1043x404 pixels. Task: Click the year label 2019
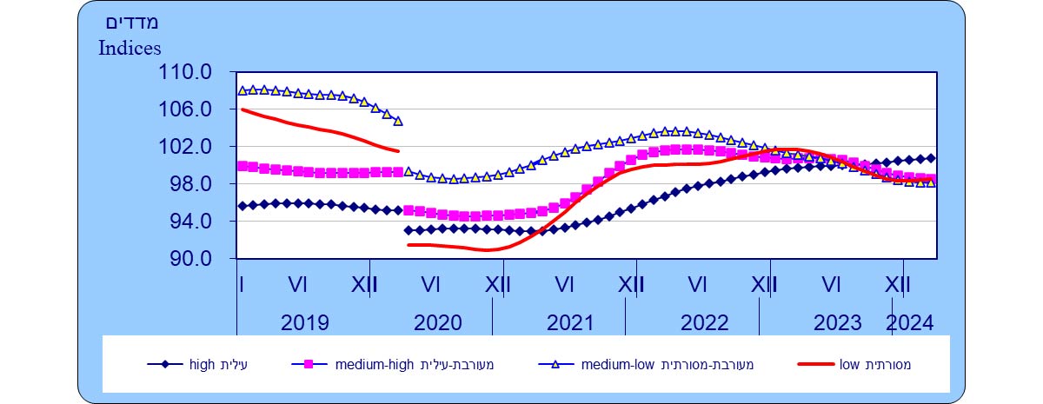tap(305, 323)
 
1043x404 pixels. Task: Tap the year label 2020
tap(438, 323)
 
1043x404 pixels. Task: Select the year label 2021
tap(571, 323)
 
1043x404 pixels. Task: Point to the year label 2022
tap(704, 323)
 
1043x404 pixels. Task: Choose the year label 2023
tap(837, 323)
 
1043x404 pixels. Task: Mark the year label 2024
tap(909, 323)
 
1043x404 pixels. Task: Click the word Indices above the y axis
tap(130, 48)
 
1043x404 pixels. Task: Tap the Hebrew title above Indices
tap(133, 22)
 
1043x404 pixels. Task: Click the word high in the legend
tap(203, 365)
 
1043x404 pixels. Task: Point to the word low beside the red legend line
tap(849, 365)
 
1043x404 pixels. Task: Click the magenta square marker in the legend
tap(306, 365)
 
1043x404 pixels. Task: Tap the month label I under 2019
tap(240, 284)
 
